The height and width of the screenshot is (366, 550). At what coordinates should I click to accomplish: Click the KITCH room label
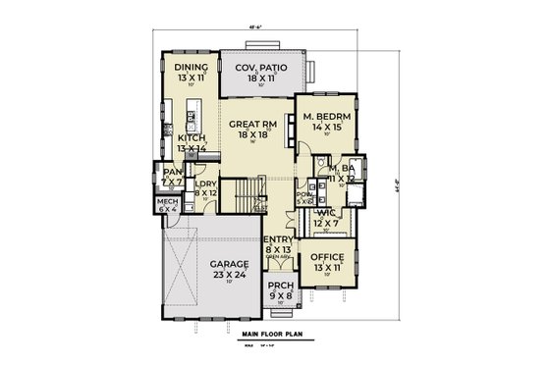(192, 138)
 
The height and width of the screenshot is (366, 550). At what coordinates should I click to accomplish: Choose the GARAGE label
(228, 265)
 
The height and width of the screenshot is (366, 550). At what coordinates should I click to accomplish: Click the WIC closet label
(325, 212)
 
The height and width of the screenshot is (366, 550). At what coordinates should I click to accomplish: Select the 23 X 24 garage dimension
(228, 276)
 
